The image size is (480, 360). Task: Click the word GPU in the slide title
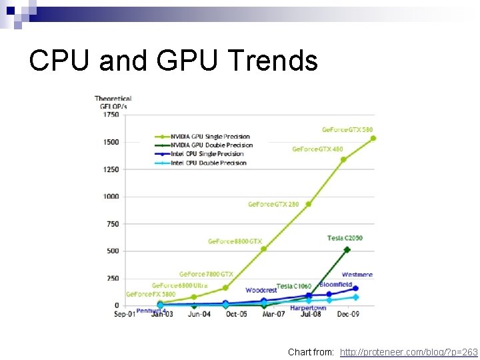194,61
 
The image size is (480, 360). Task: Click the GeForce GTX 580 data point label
348,129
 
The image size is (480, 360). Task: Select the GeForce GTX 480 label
317,149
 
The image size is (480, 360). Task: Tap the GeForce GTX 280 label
273,204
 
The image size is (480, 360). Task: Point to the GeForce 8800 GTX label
235,241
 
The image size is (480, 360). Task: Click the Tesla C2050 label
345,238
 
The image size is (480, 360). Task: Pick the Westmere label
357,274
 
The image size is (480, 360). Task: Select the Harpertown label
308,308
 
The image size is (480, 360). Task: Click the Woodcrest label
261,290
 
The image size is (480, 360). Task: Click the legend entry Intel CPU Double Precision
208,163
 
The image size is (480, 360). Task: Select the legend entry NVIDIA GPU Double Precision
211,145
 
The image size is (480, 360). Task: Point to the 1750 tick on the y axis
110,115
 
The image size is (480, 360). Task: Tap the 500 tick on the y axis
112,251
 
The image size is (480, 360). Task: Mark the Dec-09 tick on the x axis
347,314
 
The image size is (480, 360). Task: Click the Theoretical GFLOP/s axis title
113,102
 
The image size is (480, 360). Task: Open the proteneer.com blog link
409,351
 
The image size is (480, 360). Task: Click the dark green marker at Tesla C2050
347,250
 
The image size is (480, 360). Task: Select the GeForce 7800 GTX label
206,274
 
